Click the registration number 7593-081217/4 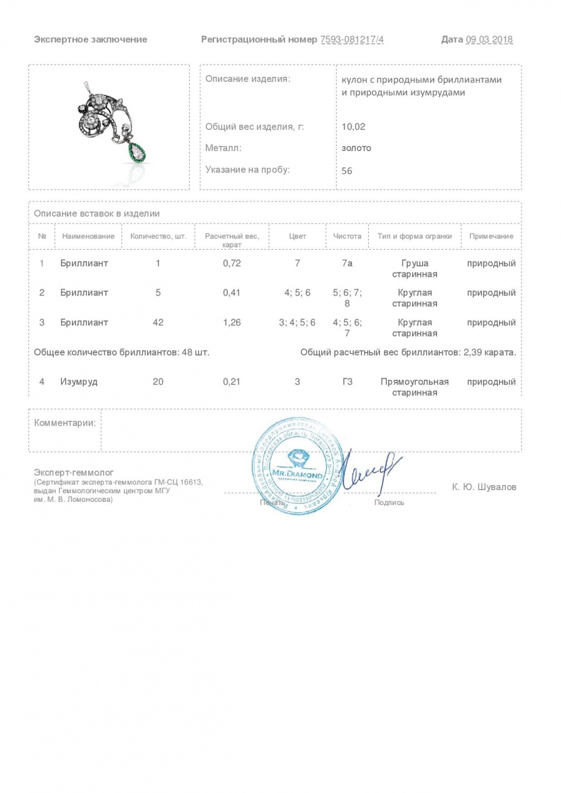pos(352,40)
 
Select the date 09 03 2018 pos(489,40)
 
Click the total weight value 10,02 pos(353,127)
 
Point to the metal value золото pos(356,148)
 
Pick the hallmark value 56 pos(347,170)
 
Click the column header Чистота pos(347,236)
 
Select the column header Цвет pos(298,236)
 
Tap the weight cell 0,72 pos(232,263)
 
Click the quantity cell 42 pos(158,322)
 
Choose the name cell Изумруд pos(79,382)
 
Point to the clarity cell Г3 pos(347,382)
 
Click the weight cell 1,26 pos(232,322)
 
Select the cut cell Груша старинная pos(415,269)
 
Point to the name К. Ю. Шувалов pos(484,487)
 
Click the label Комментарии pos(65,423)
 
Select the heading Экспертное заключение pos(91,40)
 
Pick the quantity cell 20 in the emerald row pos(158,382)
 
